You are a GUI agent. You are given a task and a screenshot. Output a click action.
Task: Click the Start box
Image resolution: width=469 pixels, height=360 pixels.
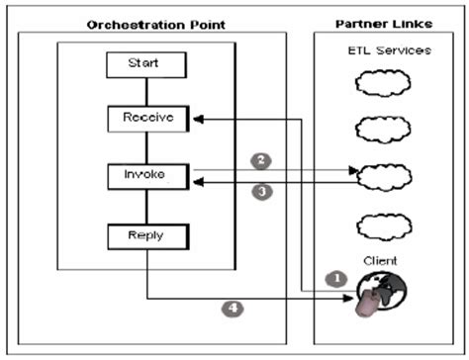(147, 65)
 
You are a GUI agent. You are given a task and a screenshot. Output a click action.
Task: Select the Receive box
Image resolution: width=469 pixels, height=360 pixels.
(147, 120)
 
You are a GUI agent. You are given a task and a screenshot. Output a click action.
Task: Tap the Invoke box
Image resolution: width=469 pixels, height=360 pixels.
(147, 175)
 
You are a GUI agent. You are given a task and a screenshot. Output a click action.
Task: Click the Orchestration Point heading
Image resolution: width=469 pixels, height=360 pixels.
(155, 23)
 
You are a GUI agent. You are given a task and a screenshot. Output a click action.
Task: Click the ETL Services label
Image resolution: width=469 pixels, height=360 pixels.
(388, 49)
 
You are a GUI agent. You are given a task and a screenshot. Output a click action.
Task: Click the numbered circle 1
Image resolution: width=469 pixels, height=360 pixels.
(334, 279)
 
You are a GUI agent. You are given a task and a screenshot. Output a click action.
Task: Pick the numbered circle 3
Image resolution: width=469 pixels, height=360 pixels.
(260, 193)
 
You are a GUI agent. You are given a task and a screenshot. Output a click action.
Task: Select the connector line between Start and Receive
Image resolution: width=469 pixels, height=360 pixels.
(147, 92)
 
